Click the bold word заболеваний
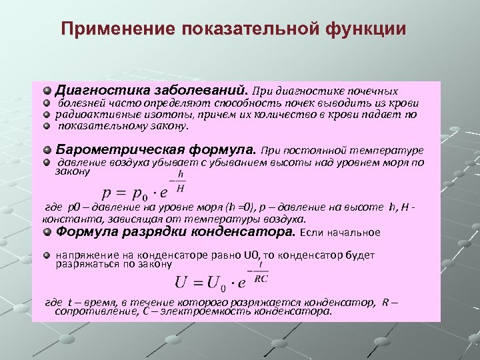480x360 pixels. point(199,89)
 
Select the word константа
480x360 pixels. point(67,219)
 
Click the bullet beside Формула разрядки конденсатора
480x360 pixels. point(47,232)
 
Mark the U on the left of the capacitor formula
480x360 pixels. point(182,283)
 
